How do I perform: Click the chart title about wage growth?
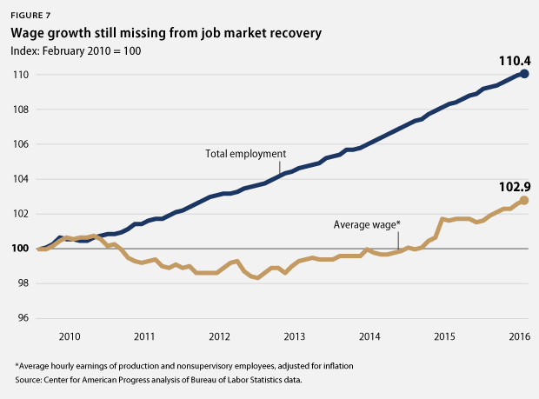coord(165,34)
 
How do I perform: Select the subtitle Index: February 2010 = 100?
coord(77,51)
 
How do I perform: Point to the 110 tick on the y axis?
coord(19,75)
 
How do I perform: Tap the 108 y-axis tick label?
coord(19,110)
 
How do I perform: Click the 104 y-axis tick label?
coord(19,179)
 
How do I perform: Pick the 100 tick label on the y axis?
coord(19,249)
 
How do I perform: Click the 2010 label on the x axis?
coord(70,336)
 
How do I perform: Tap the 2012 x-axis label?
coord(219,336)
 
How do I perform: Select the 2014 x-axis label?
coord(369,336)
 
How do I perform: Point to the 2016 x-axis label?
coord(518,336)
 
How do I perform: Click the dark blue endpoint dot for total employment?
coord(524,74)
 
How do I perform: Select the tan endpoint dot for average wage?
coord(524,200)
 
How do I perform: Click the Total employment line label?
coord(245,154)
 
